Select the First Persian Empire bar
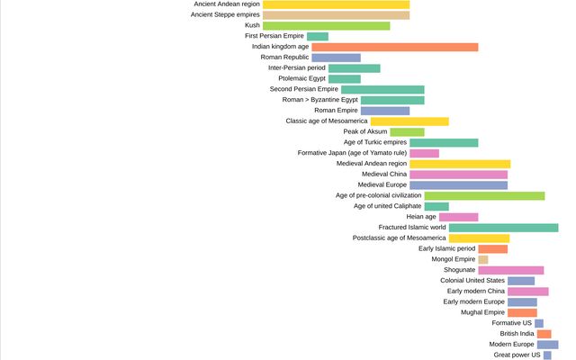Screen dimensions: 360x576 click(317, 36)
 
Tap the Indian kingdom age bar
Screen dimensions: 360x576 click(394, 47)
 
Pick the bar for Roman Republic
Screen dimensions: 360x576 click(336, 58)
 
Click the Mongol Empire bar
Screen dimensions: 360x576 click(483, 259)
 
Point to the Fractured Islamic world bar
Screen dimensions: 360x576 click(503, 228)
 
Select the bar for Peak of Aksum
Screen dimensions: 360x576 click(407, 131)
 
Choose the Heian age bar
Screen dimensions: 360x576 click(458, 217)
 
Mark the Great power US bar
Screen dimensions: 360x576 click(547, 355)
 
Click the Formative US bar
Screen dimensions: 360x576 click(539, 323)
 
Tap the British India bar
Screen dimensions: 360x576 click(544, 334)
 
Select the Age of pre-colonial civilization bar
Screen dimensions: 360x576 click(484, 195)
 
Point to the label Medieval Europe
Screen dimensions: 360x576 click(382, 184)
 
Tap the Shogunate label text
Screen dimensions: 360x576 click(459, 270)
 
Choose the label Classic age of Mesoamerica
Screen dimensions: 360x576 click(327, 121)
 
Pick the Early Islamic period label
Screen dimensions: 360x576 click(447, 248)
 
